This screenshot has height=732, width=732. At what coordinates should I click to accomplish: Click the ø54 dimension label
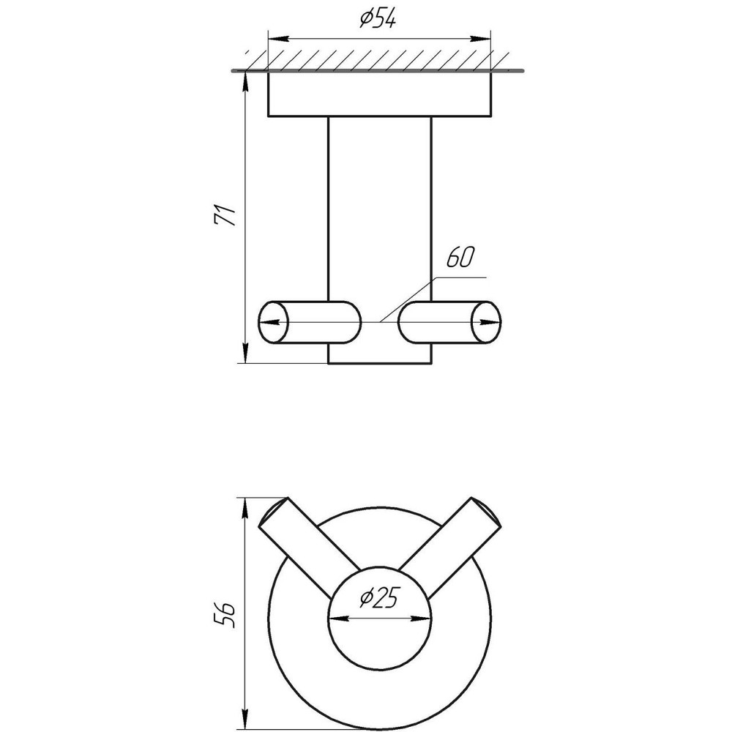pyautogui.click(x=378, y=19)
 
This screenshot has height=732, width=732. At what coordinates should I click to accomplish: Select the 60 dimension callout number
pyautogui.click(x=460, y=258)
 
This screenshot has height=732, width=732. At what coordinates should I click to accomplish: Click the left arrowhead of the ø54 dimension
pyautogui.click(x=277, y=39)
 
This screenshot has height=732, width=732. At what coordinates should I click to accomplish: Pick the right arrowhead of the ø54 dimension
pyautogui.click(x=481, y=39)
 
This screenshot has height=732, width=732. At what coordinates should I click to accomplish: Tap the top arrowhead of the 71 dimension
pyautogui.click(x=245, y=82)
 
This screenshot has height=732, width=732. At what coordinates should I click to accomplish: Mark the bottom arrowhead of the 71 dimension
pyautogui.click(x=245, y=353)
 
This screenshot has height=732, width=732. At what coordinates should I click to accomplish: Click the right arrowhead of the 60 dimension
pyautogui.click(x=491, y=322)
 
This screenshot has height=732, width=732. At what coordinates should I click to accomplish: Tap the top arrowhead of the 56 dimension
pyautogui.click(x=245, y=509)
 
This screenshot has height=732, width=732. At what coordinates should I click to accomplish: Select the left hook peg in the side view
pyautogui.click(x=310, y=323)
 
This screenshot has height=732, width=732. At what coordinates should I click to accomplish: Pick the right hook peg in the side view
pyautogui.click(x=450, y=323)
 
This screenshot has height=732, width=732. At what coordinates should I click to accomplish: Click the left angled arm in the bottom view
pyautogui.click(x=308, y=546)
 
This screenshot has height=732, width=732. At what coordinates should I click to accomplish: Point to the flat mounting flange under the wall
pyautogui.click(x=379, y=94)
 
